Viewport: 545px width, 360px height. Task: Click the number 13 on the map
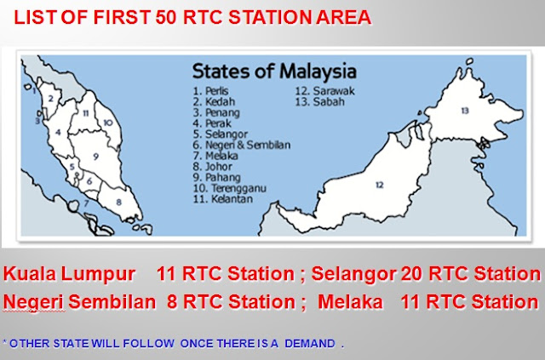(x=464, y=111)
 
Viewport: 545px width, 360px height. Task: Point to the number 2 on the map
(x=51, y=99)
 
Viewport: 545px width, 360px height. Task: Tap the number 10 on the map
(x=107, y=123)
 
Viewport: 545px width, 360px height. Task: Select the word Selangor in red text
(x=347, y=275)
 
